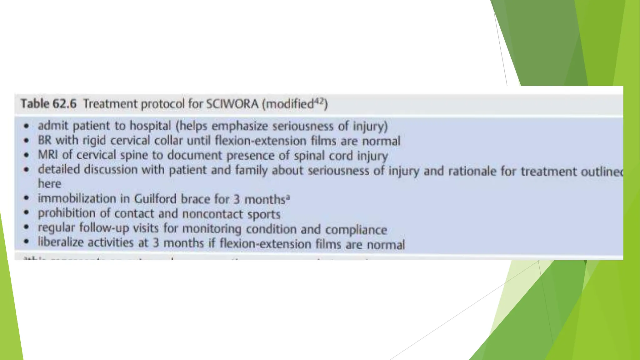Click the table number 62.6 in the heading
click(x=64, y=104)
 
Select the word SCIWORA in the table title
click(x=232, y=104)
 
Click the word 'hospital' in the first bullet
click(x=150, y=126)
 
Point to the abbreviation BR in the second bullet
click(x=44, y=140)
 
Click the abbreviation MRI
click(x=48, y=155)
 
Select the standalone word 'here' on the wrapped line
click(x=49, y=184)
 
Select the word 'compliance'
click(x=356, y=230)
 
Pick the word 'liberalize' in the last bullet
click(x=61, y=242)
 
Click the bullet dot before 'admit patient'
click(x=27, y=126)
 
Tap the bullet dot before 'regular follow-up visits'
click(x=27, y=227)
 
